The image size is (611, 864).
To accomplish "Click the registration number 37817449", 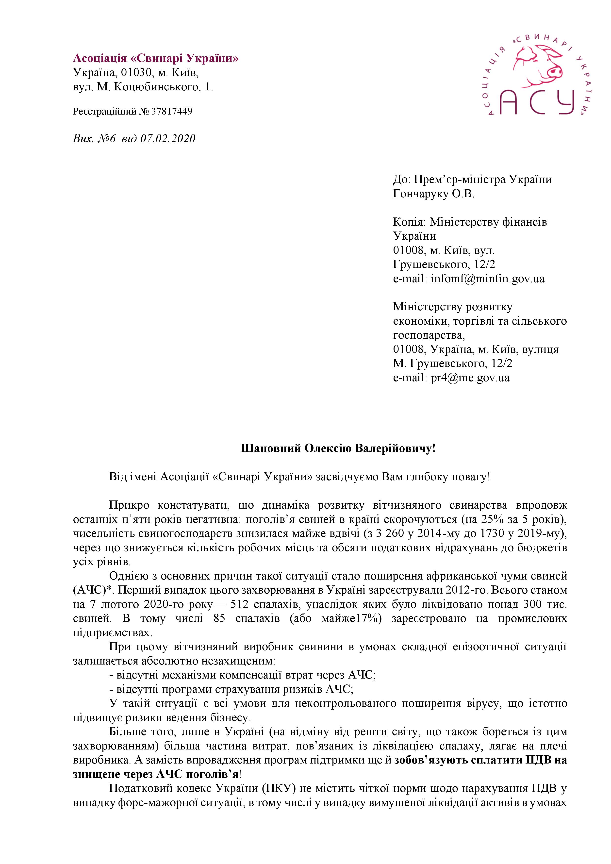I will point(172,111).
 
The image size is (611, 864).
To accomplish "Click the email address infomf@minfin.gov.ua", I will point(488,279).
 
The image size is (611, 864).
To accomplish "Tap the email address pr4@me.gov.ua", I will point(470,377).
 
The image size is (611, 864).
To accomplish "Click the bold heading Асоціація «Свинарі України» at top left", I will point(156,58).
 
